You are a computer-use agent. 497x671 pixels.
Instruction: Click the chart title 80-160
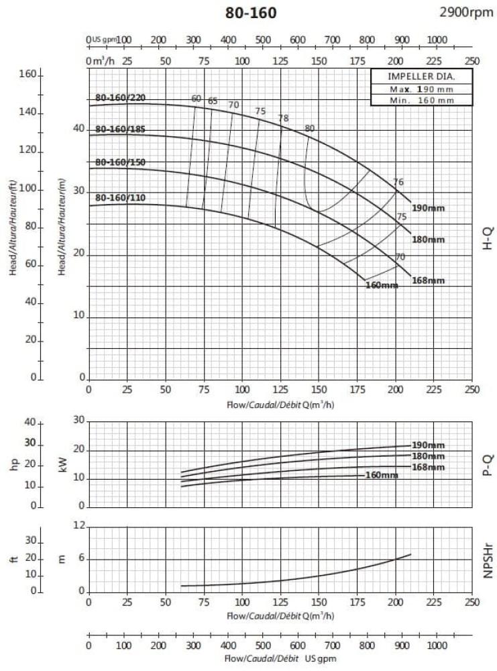251,13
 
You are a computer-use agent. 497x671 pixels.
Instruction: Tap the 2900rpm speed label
465,11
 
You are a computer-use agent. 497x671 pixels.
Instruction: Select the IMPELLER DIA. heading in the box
421,76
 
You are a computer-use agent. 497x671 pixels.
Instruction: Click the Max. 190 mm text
421,89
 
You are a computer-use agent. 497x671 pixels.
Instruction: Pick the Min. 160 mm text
421,100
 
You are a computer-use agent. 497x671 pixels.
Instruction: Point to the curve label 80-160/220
120,98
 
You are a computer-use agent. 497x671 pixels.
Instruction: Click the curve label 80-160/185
120,129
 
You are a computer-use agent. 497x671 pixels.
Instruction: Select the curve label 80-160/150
120,162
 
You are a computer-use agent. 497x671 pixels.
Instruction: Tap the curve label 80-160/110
120,198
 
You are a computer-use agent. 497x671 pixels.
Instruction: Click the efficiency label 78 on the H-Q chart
283,119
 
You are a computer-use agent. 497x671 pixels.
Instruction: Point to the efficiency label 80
309,129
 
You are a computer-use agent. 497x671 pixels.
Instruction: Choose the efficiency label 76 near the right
398,183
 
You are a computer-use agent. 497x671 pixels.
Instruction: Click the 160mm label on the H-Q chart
382,285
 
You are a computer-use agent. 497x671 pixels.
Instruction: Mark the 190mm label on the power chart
428,446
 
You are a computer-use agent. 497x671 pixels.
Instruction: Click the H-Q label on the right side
488,238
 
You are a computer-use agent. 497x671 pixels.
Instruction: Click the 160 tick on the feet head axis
27,74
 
